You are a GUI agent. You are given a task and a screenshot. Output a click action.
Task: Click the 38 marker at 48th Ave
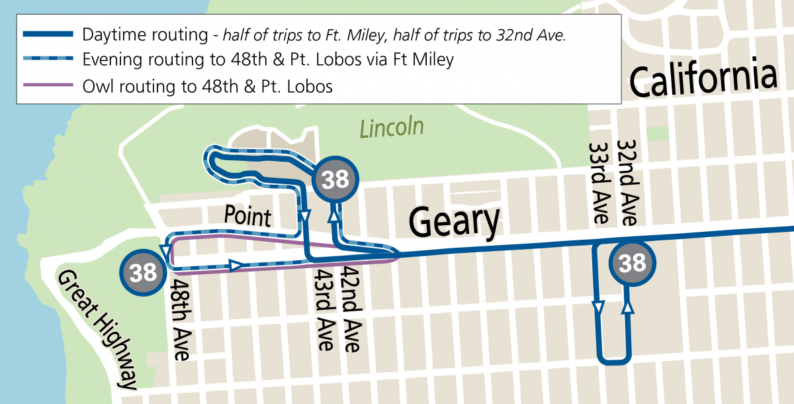click(143, 272)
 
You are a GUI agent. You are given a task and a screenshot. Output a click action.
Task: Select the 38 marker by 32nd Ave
click(633, 263)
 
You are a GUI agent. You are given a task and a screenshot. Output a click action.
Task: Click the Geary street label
click(455, 221)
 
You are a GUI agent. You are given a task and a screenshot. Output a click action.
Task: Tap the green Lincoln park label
click(392, 127)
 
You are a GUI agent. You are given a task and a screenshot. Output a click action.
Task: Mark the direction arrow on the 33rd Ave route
click(599, 307)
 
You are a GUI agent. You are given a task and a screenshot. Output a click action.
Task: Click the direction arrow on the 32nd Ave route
click(627, 307)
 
